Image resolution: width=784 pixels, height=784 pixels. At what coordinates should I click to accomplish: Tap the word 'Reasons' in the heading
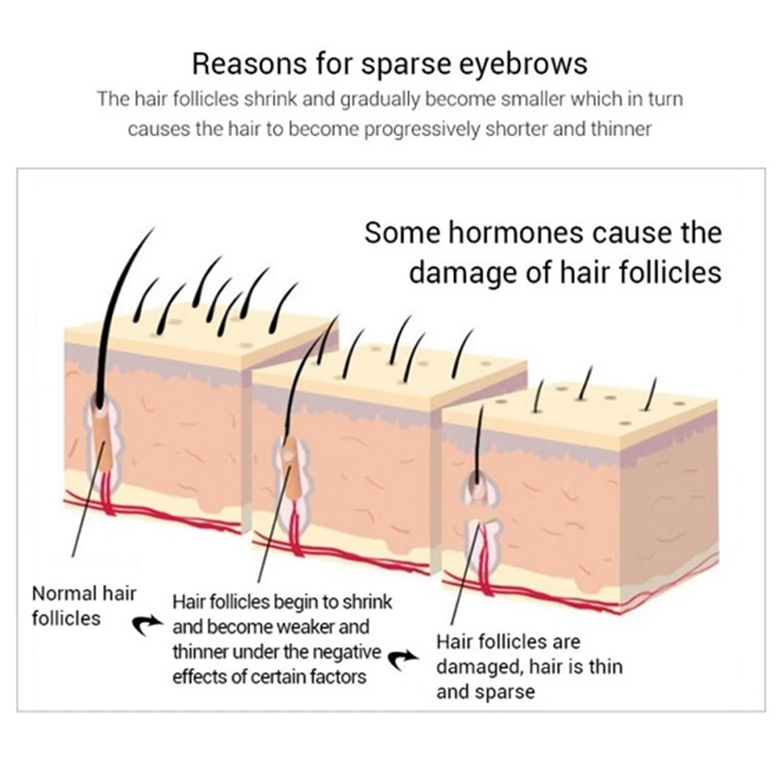(x=250, y=64)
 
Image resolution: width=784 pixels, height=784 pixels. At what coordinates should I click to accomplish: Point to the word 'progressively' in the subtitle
(x=421, y=130)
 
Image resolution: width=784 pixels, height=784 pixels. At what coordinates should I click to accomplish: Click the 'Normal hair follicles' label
(x=84, y=606)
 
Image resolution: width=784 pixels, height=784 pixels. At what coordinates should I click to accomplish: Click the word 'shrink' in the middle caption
(x=367, y=602)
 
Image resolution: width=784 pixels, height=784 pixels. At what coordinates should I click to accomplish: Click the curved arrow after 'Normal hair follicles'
(x=147, y=624)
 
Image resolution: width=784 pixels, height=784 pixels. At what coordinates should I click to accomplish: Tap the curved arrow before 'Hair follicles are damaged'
(x=404, y=660)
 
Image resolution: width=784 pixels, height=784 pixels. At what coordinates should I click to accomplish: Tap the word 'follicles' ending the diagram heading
(x=670, y=273)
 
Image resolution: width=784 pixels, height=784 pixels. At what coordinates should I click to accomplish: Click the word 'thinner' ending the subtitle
(x=621, y=129)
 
